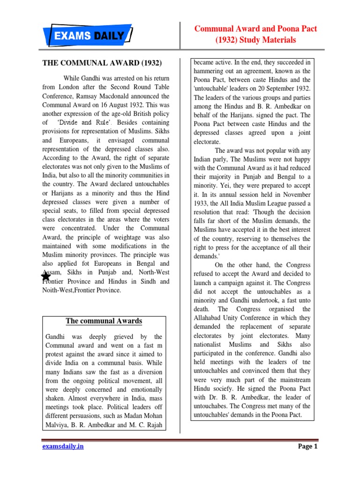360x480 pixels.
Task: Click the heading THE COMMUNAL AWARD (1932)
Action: [102, 62]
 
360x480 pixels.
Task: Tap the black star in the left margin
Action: [45, 277]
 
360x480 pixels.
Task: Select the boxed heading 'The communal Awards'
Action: [104, 321]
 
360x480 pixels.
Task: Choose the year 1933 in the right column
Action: [204, 203]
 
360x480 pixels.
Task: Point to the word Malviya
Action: [59, 425]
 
